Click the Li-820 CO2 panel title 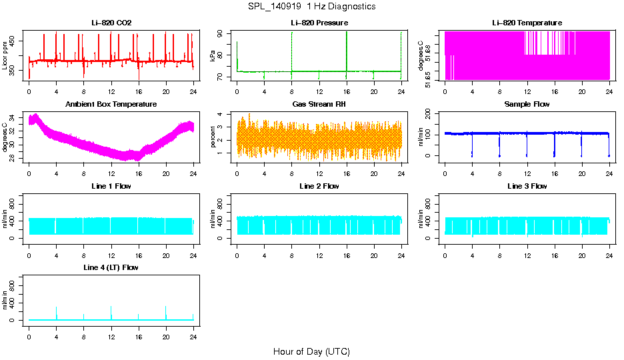click(111, 23)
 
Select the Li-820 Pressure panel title click(319, 23)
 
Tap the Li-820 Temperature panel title click(527, 23)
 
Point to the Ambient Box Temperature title click(111, 105)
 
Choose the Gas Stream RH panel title click(319, 105)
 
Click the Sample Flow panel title click(527, 105)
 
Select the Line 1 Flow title click(111, 186)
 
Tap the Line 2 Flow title click(319, 186)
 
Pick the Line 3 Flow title click(527, 186)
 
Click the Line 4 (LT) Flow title click(111, 267)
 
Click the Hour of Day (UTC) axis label click(311, 351)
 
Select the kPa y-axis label click(213, 56)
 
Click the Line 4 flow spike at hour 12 click(111, 311)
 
